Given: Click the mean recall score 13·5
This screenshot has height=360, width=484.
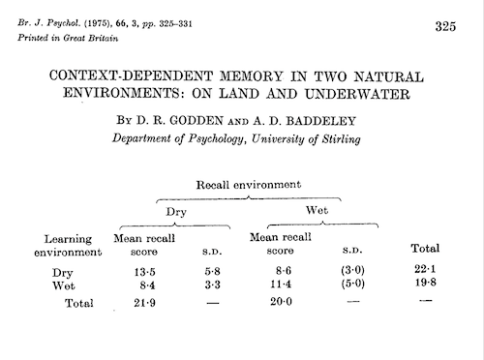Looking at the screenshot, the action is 144,272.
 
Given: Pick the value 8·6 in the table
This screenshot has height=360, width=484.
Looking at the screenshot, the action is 282,272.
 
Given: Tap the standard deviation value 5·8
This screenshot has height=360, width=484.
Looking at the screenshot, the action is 213,272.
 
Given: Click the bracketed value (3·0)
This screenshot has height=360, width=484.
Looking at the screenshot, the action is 352,272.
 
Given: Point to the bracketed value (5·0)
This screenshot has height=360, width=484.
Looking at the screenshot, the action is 352,285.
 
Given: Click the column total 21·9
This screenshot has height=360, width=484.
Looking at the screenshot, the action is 144,304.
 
